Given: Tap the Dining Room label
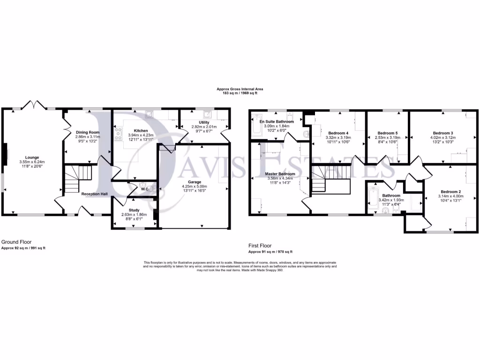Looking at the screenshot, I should [x=88, y=133].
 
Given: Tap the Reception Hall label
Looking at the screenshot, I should [x=95, y=194].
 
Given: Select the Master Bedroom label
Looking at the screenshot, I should [x=279, y=173].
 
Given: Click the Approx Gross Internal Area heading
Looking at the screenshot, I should [x=240, y=89].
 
